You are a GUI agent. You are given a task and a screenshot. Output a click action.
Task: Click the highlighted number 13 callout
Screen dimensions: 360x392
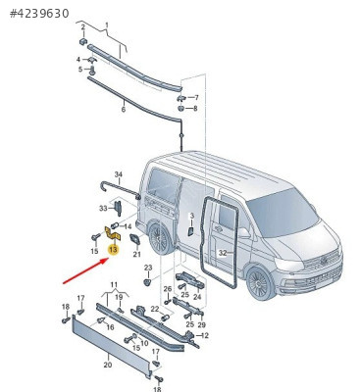tap(113, 250)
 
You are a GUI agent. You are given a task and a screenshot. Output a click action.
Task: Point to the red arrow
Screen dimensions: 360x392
tap(85, 270)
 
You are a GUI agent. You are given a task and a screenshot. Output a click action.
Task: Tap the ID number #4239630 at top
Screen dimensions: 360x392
tap(39, 14)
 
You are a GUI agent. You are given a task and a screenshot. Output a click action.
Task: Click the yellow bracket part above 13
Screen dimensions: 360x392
tap(113, 233)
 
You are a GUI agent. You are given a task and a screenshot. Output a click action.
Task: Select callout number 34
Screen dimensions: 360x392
tap(119, 174)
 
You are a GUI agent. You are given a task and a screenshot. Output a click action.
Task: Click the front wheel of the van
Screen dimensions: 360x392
tap(261, 282)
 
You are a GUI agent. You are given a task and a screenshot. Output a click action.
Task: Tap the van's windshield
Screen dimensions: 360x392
tap(283, 213)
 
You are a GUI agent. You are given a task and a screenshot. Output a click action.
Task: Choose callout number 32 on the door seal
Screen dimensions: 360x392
tap(223, 253)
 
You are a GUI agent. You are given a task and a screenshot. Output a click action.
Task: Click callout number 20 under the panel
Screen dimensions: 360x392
tap(108, 365)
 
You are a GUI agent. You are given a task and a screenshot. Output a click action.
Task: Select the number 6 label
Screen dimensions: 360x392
tap(124, 109)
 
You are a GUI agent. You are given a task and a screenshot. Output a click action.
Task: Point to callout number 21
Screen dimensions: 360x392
tap(136, 254)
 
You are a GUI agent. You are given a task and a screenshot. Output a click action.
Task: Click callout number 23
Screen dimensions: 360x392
tap(148, 268)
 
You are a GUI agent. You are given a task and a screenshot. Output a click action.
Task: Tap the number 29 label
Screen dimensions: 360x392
tap(202, 324)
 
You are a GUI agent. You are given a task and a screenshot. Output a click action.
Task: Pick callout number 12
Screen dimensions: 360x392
tap(205, 335)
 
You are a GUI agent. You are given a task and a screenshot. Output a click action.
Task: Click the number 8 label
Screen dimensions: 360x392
tap(195, 108)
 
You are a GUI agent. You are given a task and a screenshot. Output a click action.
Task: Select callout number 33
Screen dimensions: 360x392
tap(103, 208)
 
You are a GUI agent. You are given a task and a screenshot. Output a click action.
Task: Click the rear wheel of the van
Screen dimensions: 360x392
tap(160, 237)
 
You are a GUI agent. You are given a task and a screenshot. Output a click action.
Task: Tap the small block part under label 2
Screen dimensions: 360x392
tap(83, 41)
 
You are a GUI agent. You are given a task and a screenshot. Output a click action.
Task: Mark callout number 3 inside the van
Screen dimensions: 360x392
tap(192, 216)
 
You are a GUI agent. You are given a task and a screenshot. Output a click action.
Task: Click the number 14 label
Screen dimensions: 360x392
tap(128, 226)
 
